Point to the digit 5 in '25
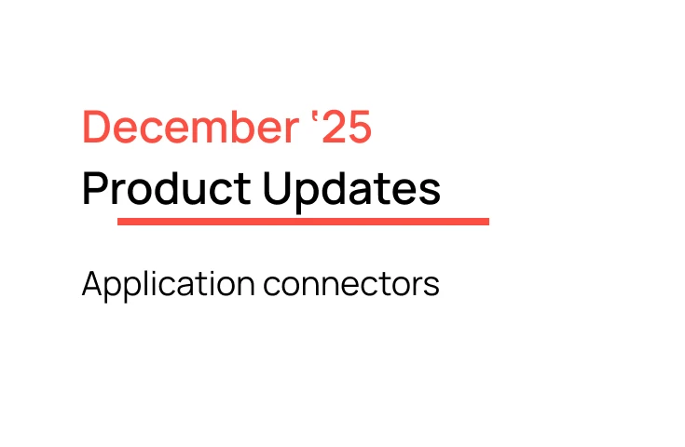(x=358, y=128)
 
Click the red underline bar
(x=303, y=222)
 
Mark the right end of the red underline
(x=486, y=222)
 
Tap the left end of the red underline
(x=120, y=222)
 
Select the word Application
(x=169, y=284)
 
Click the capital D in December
(x=96, y=128)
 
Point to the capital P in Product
(x=94, y=189)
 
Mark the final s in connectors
(x=432, y=286)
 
